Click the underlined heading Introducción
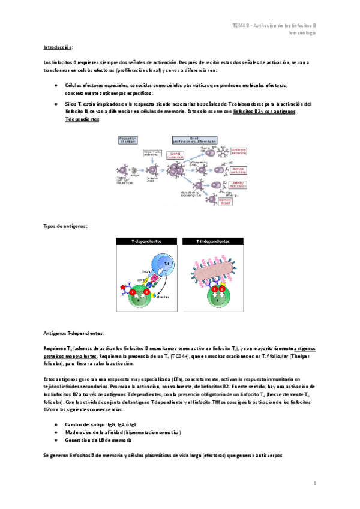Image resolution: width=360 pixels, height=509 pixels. point(58,47)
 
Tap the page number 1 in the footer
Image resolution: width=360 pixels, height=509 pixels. point(314,483)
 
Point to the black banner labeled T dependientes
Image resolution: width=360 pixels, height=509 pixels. point(146,241)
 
